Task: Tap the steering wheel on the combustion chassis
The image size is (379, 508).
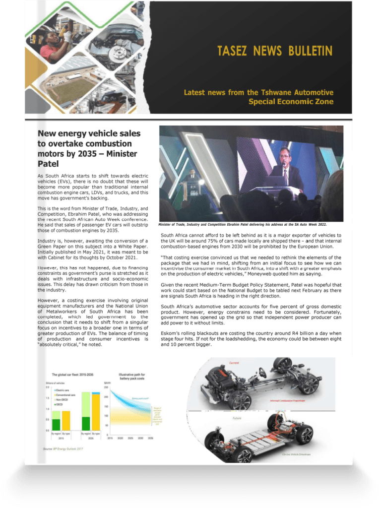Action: [261, 373]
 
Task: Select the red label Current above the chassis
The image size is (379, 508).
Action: [235, 364]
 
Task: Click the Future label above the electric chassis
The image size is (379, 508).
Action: [238, 418]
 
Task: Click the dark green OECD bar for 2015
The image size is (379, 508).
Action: [56, 425]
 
